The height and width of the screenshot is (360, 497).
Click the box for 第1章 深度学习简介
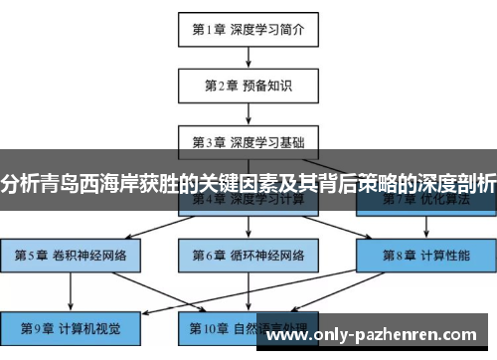coord(248,29)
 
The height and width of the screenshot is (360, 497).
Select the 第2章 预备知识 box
coord(248,86)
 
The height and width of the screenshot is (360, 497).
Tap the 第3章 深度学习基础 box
coord(248,141)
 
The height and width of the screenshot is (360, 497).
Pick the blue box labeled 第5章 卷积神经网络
coord(71,256)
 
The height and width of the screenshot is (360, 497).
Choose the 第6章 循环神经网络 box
coord(248,256)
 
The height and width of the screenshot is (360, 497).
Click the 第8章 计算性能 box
coord(424,256)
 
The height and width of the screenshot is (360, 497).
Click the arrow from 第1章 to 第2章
coord(248,57)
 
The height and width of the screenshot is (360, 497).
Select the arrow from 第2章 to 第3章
coord(248,113)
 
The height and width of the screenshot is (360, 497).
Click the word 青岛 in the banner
coord(61,183)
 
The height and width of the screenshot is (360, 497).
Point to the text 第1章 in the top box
coord(210,29)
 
